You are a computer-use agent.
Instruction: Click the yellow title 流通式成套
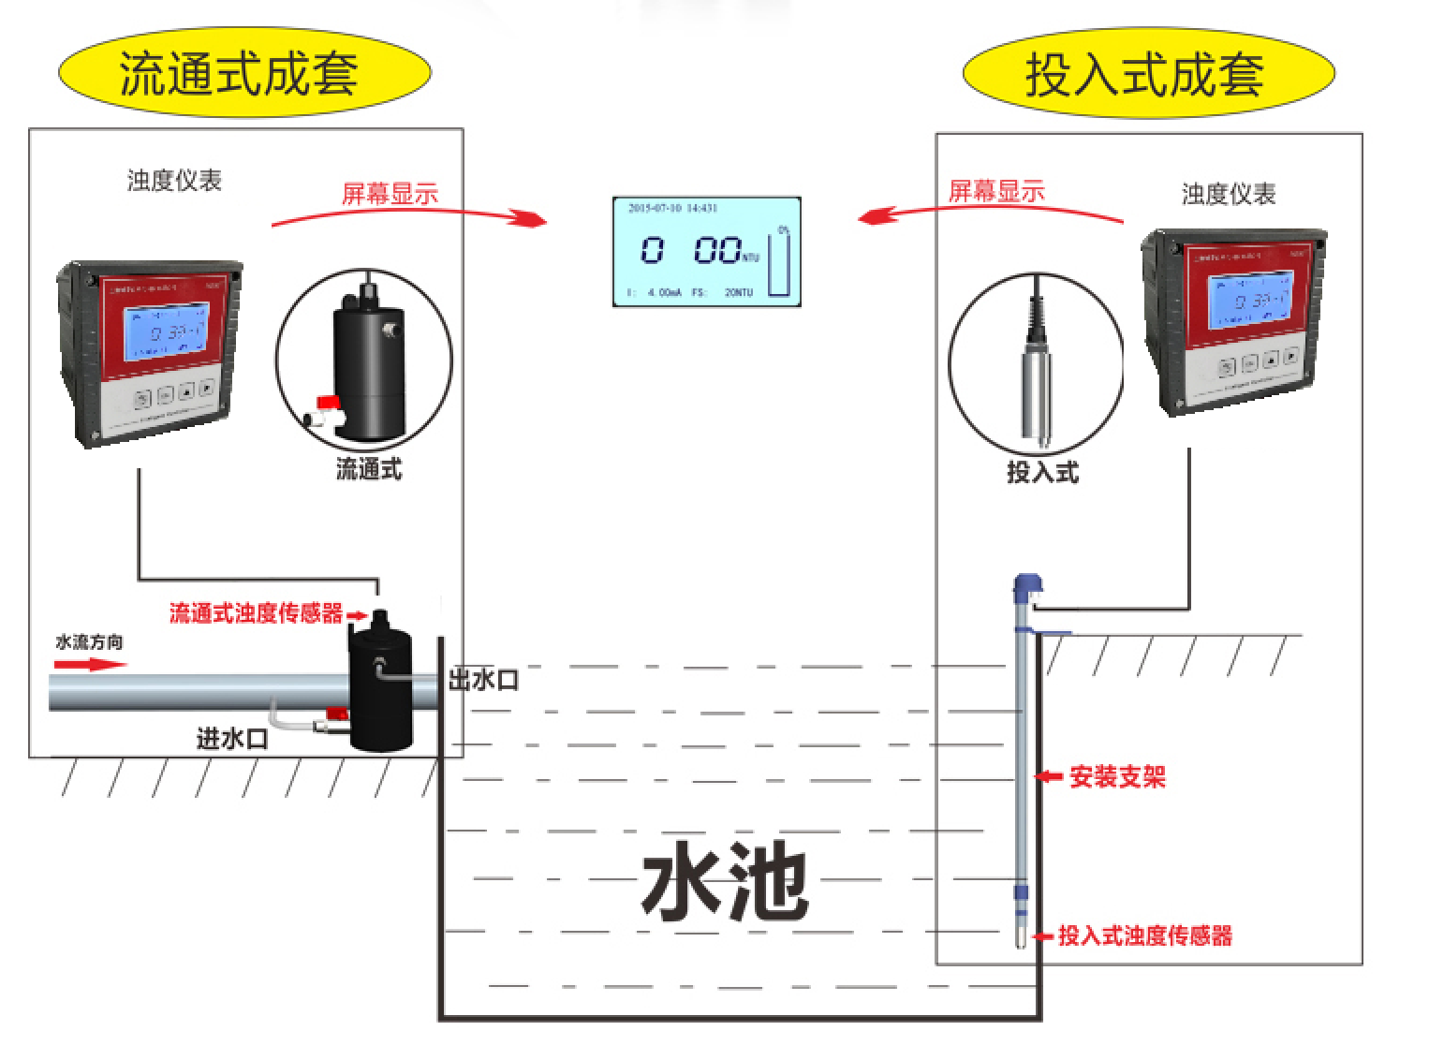point(239,73)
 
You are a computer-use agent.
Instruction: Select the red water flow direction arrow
point(89,665)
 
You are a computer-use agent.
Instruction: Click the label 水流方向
point(89,642)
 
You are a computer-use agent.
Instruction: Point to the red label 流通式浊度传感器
point(256,613)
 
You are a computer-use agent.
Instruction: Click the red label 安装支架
point(1117,777)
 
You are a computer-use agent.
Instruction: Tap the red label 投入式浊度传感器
point(1144,935)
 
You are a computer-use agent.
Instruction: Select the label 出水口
point(483,680)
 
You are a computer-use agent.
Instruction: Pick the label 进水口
point(232,739)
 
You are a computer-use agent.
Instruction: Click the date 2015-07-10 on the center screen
point(656,208)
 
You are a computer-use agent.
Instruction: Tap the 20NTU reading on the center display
point(738,292)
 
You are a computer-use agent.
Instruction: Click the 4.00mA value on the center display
point(664,292)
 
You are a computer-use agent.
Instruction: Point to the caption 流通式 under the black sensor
point(368,469)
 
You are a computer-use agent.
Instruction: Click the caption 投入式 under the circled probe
point(1042,472)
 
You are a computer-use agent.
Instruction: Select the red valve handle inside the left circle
point(327,402)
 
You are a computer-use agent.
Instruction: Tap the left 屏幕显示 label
point(390,194)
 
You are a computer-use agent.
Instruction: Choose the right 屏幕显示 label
point(996,192)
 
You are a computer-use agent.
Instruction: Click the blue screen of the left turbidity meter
point(168,330)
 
